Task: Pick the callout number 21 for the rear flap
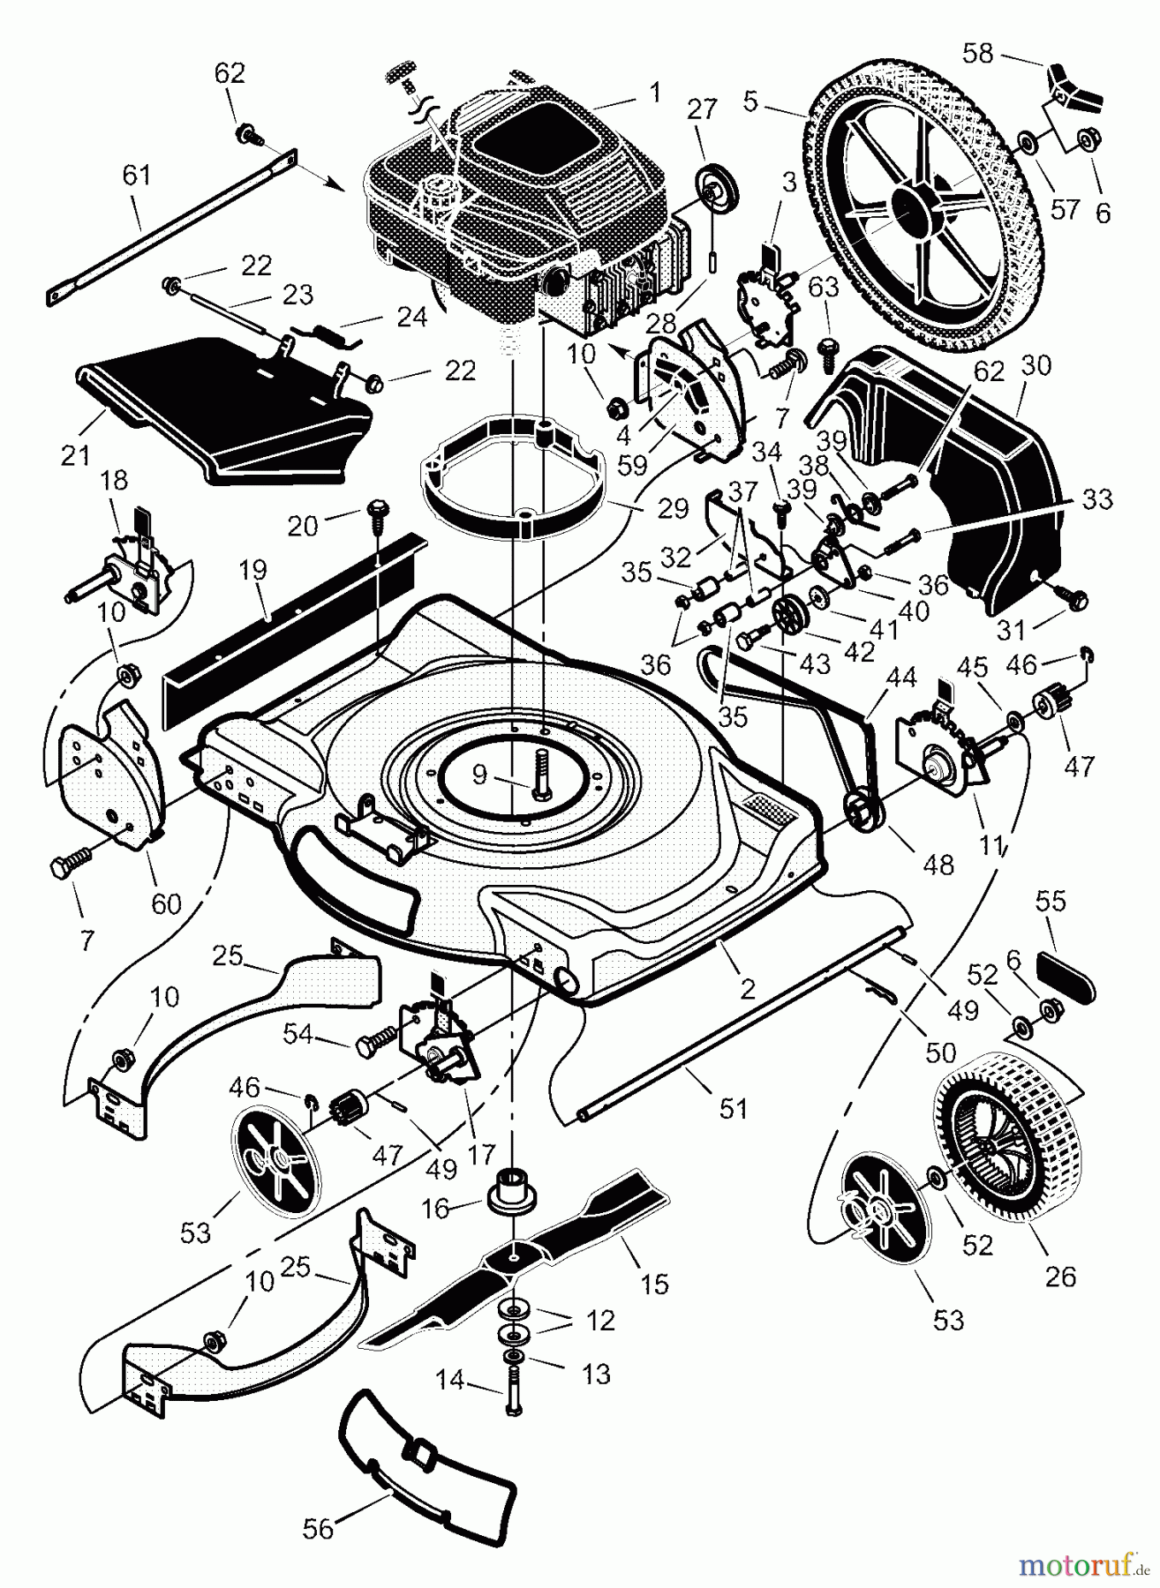click(76, 455)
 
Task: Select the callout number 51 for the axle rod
click(734, 1107)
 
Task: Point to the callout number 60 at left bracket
click(167, 903)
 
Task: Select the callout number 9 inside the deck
click(479, 775)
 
